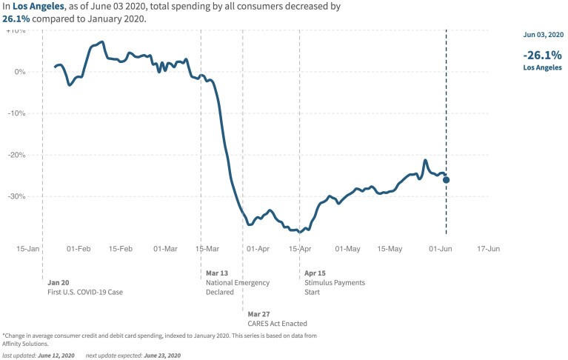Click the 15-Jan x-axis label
pos(28,249)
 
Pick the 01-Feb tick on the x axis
pos(78,249)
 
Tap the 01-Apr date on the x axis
pos(258,249)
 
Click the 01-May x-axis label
pos(347,249)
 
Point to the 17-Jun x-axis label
pos(489,249)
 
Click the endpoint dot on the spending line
pos(446,180)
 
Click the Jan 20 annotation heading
pos(59,282)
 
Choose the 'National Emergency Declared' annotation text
pos(237,287)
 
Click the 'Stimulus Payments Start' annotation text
pos(335,287)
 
